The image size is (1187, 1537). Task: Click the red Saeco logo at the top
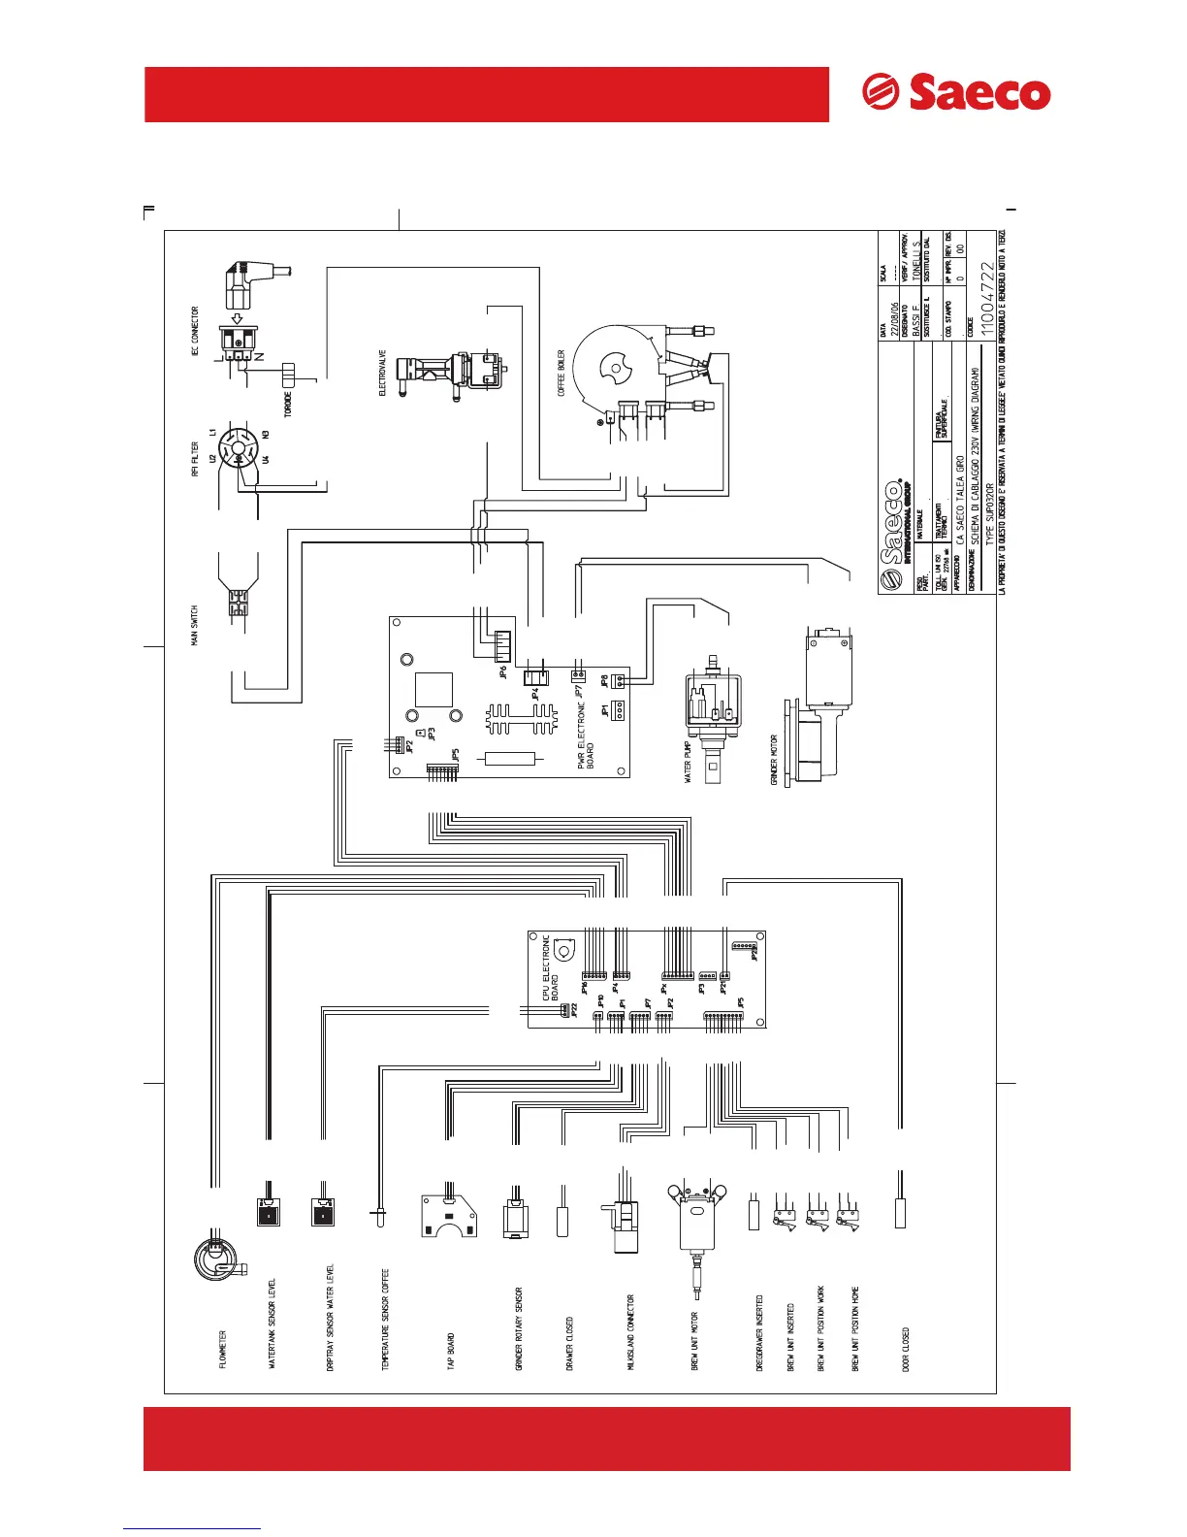956,93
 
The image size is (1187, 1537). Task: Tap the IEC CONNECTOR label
195,333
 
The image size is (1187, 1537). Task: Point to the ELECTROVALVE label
382,373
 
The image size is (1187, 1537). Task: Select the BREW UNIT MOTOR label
694,1342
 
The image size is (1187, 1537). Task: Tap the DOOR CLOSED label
907,1349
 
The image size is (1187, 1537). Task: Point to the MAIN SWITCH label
194,626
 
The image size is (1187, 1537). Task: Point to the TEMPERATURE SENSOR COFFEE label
385,1320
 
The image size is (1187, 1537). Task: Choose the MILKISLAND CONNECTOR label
630,1332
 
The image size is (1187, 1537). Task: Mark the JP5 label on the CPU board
741,1001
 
